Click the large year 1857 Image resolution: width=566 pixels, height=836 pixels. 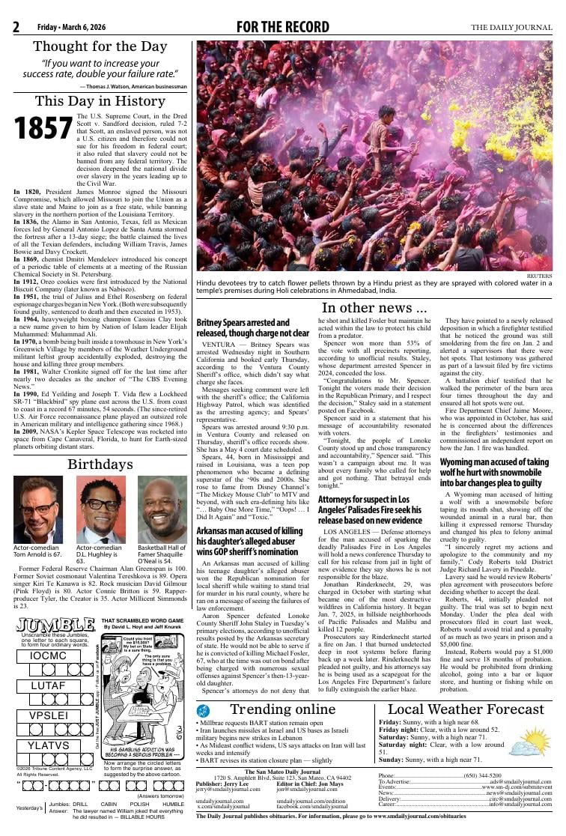click(x=44, y=129)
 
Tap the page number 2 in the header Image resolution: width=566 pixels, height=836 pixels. click(x=16, y=28)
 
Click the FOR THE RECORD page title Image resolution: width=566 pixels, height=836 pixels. click(x=282, y=28)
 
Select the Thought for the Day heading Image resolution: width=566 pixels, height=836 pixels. click(x=100, y=46)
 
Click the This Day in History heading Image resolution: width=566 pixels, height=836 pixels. click(x=100, y=101)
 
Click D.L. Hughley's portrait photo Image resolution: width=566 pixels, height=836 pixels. click(x=100, y=510)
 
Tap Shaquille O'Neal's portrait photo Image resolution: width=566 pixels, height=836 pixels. click(x=162, y=510)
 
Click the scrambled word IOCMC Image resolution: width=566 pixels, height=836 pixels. click(x=49, y=655)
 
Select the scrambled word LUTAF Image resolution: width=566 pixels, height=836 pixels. click(x=49, y=685)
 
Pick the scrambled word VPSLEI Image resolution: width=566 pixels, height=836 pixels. click(x=49, y=715)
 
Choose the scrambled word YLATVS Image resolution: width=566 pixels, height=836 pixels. click(x=49, y=745)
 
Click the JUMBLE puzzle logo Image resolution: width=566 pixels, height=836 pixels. click(x=55, y=626)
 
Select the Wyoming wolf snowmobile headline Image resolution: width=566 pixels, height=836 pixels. click(x=494, y=473)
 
